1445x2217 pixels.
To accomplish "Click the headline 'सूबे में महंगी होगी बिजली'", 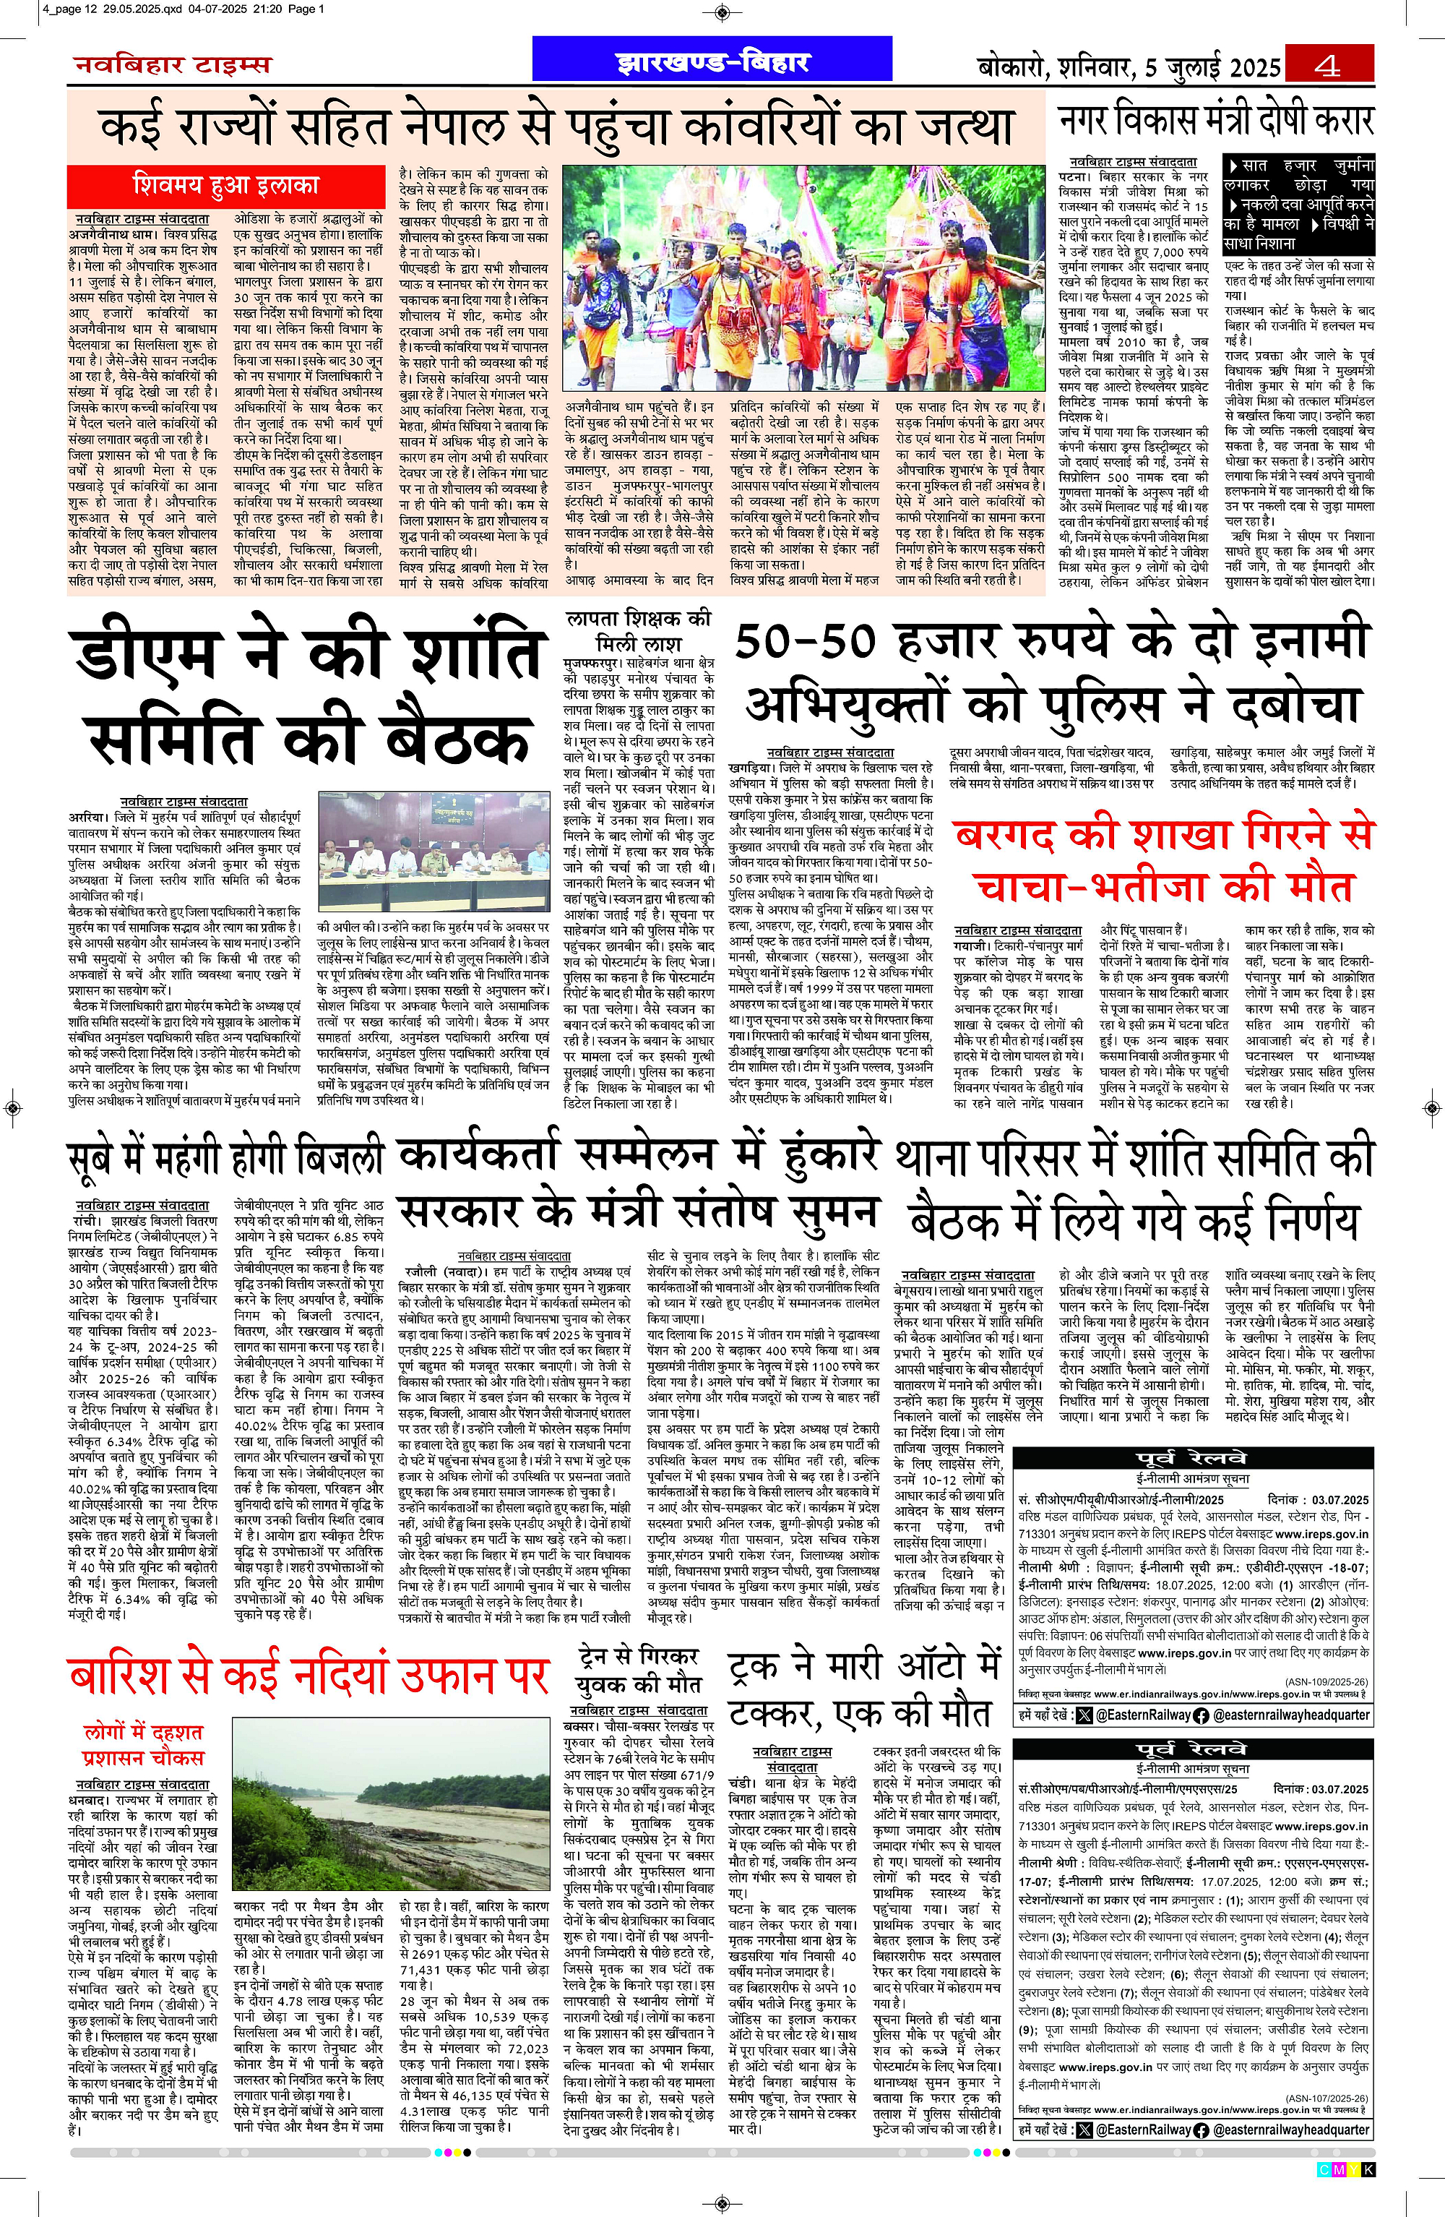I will click(226, 1159).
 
